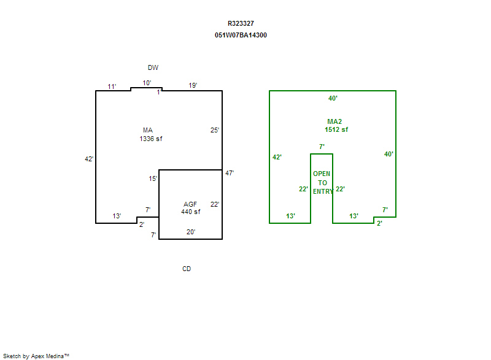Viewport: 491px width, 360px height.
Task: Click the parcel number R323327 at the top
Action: [x=241, y=23]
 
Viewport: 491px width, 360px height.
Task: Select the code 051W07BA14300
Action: [x=241, y=35]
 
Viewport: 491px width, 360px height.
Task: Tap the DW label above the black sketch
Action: [x=153, y=67]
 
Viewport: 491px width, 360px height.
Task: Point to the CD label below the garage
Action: [x=187, y=269]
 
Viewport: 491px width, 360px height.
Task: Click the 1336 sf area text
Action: [x=151, y=139]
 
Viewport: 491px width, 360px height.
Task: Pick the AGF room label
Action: [x=190, y=204]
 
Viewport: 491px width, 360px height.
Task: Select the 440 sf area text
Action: [x=190, y=212]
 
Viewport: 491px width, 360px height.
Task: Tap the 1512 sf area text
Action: [x=336, y=129]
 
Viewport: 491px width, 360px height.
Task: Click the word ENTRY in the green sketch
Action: [x=322, y=191]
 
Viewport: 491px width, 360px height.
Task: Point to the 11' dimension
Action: [x=112, y=86]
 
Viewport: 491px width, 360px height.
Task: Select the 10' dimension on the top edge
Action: [x=147, y=83]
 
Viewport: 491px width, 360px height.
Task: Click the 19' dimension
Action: [x=193, y=86]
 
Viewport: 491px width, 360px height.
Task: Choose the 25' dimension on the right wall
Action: [x=215, y=130]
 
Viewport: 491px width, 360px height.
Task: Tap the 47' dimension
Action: [x=230, y=173]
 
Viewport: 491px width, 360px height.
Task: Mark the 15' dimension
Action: [x=153, y=178]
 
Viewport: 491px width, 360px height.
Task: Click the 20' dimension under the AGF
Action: [x=191, y=232]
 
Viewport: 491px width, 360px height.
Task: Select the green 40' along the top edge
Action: [x=333, y=98]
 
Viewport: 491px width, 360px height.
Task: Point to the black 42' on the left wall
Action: [x=89, y=159]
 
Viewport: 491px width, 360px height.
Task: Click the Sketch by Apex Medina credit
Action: [x=36, y=355]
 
